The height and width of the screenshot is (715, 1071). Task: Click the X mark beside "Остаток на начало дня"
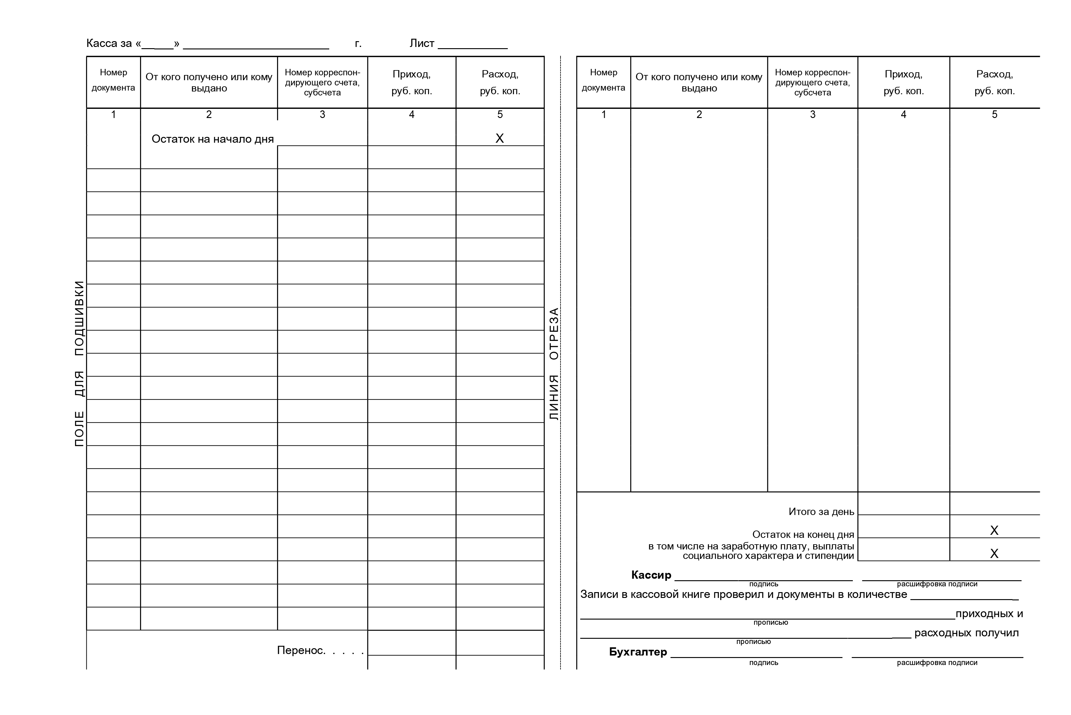(x=500, y=138)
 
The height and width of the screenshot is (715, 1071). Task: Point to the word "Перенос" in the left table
(x=301, y=650)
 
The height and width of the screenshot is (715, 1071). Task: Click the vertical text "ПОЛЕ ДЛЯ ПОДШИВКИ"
(x=79, y=363)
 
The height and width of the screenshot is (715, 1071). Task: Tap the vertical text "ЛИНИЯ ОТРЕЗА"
(x=554, y=363)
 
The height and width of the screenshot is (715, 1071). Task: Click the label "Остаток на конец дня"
(x=803, y=534)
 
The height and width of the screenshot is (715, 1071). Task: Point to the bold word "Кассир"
(x=651, y=575)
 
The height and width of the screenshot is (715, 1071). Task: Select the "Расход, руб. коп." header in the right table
(x=994, y=83)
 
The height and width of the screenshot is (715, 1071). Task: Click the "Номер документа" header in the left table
(x=113, y=80)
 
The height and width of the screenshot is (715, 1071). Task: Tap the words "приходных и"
(x=989, y=614)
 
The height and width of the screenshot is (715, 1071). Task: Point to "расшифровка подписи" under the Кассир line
(x=937, y=584)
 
